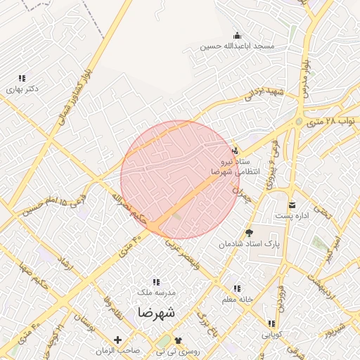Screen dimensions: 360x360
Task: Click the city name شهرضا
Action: [156, 311]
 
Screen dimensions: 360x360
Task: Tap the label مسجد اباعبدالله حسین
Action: [236, 47]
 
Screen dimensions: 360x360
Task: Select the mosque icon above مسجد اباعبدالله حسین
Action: [237, 36]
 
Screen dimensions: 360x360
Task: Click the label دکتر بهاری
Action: [22, 89]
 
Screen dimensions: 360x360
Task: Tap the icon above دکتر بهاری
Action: [22, 78]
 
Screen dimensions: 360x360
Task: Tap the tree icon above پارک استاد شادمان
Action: [248, 233]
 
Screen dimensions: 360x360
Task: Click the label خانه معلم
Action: [236, 300]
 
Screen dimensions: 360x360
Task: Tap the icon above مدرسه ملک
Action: [155, 281]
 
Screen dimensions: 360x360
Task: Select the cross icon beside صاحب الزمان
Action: [117, 340]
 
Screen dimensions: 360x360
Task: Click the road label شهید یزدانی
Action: [264, 91]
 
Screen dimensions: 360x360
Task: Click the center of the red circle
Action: [180, 179]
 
